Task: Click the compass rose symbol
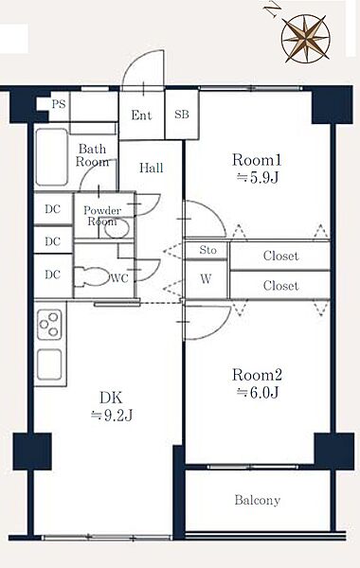(306, 39)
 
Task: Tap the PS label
(59, 104)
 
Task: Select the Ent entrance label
(141, 115)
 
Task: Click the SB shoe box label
(182, 115)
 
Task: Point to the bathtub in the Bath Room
(52, 157)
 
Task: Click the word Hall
(152, 169)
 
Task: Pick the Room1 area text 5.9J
(258, 178)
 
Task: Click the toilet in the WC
(91, 277)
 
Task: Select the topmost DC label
(52, 209)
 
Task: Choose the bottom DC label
(52, 275)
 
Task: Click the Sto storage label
(207, 250)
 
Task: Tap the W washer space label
(206, 279)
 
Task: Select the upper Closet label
(281, 256)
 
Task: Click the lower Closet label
(281, 286)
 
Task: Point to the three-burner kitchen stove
(49, 324)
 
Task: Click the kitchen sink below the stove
(49, 364)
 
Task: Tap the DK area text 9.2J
(112, 416)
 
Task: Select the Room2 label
(257, 375)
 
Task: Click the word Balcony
(258, 500)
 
